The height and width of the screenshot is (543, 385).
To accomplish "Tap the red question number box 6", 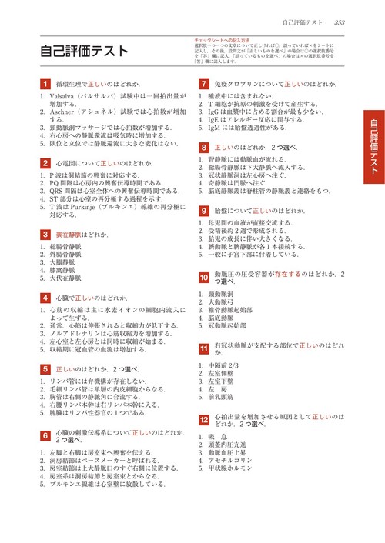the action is tap(45, 435).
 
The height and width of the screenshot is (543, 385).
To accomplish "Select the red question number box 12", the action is tap(203, 420).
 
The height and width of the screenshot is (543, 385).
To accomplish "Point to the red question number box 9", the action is tap(203, 210).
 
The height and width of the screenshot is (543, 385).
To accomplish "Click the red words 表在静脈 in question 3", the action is tap(70, 234).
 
